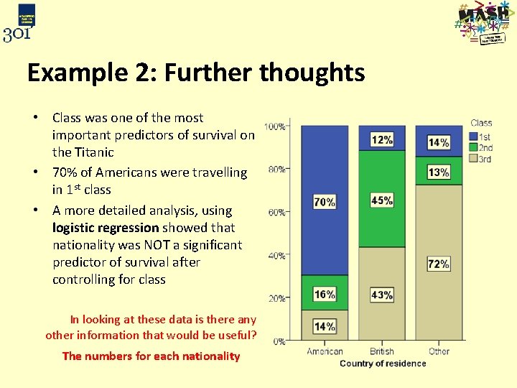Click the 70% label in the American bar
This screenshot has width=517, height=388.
click(x=325, y=202)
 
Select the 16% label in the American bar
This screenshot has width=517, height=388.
click(x=325, y=294)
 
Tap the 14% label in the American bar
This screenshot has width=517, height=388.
click(x=325, y=326)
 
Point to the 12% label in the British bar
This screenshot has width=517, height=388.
click(x=382, y=139)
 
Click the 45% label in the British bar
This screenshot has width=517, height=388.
click(x=382, y=200)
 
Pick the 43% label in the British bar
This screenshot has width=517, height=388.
click(x=382, y=295)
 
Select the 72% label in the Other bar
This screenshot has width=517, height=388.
click(x=439, y=264)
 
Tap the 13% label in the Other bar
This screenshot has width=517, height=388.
click(x=439, y=172)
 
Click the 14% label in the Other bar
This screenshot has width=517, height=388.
click(x=439, y=142)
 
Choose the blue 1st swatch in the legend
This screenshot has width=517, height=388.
click(x=473, y=136)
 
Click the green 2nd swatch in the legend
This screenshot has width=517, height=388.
click(x=473, y=147)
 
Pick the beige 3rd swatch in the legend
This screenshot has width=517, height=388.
click(x=473, y=158)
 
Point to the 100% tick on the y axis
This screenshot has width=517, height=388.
click(x=276, y=127)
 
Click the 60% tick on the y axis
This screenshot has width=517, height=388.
click(x=278, y=213)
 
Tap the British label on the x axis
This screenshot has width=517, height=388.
click(x=381, y=351)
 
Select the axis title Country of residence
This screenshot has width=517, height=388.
click(x=383, y=364)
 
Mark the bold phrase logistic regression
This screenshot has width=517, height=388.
click(x=106, y=228)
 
